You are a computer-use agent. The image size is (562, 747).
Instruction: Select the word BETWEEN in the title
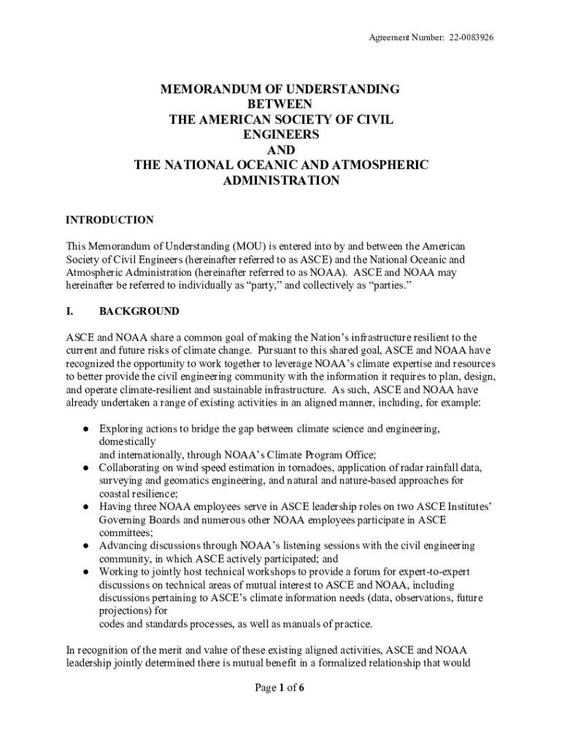coord(280,104)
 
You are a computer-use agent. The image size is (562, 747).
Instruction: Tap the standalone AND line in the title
coord(280,150)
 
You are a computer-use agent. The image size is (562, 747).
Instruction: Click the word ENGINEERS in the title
coord(280,135)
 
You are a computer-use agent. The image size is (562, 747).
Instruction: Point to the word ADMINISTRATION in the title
coord(280,181)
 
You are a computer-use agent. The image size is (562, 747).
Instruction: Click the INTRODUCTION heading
coord(109,220)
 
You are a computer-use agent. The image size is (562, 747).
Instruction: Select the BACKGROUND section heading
coord(139,311)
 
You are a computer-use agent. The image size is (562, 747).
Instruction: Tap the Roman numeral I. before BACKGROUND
coord(70,311)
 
